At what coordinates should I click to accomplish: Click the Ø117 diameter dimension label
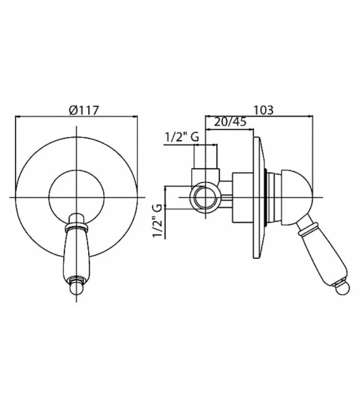pyautogui.click(x=84, y=111)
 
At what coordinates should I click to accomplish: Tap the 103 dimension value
pyautogui.click(x=263, y=110)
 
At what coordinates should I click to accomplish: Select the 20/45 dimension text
pyautogui.click(x=231, y=122)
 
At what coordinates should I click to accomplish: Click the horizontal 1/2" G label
pyautogui.click(x=182, y=137)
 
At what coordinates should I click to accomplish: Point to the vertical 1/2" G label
pyautogui.click(x=157, y=220)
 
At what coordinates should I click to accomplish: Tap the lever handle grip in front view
pyautogui.click(x=77, y=254)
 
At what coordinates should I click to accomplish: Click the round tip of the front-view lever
pyautogui.click(x=76, y=288)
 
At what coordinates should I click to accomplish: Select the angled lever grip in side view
pyautogui.click(x=323, y=252)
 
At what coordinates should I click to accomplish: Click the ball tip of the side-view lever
pyautogui.click(x=342, y=286)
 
